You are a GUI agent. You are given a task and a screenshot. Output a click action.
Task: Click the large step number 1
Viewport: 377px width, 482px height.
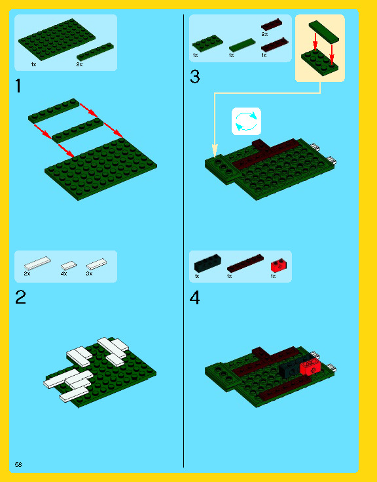[x=18, y=86]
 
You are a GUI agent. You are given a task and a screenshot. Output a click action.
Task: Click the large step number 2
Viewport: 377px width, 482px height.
[x=20, y=297]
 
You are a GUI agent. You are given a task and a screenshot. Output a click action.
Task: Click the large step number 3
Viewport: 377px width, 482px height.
[x=195, y=77]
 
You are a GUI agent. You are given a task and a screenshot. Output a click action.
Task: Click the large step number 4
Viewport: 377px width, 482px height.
[x=195, y=297]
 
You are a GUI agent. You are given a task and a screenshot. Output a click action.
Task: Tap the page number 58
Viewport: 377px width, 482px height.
[x=18, y=464]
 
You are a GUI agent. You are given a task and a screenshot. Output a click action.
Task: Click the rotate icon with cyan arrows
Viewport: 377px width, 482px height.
[x=246, y=121]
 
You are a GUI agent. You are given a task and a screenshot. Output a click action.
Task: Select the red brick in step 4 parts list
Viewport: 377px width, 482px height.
[x=279, y=265]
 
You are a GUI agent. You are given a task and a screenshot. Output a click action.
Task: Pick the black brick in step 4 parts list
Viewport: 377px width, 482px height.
[x=207, y=263]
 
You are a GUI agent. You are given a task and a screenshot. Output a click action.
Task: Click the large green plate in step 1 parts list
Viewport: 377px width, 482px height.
[x=57, y=39]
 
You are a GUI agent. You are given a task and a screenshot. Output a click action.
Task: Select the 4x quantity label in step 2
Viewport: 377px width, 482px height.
[x=63, y=273]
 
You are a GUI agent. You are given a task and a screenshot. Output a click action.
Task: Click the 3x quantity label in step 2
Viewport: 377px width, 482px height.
[x=89, y=273]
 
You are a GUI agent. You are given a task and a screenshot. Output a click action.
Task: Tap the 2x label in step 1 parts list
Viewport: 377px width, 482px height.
[x=79, y=64]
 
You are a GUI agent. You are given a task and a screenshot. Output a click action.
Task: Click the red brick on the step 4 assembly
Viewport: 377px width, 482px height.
[x=310, y=367]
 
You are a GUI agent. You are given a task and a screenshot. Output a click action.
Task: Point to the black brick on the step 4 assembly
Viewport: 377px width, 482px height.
[x=291, y=369]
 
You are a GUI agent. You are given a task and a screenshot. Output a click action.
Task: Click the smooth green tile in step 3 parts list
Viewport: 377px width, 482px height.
[x=242, y=45]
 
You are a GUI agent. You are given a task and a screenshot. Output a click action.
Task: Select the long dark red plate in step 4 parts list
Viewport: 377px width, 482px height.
[x=245, y=263]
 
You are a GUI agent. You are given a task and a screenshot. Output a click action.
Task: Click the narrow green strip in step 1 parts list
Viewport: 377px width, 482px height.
[x=95, y=51]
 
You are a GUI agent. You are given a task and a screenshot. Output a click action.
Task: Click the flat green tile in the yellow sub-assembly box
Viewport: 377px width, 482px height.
[x=324, y=31]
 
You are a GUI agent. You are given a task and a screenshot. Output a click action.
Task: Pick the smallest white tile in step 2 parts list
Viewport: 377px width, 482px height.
[x=69, y=266]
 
